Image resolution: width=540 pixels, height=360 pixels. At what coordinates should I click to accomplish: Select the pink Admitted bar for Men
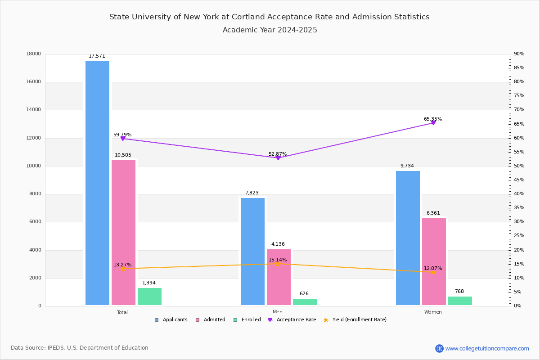(279, 277)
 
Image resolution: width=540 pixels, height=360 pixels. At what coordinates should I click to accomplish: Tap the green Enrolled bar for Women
(460, 301)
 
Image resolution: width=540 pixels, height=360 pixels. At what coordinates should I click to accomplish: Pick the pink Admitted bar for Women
(434, 261)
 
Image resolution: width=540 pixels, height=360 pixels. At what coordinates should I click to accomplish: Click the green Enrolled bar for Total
(149, 297)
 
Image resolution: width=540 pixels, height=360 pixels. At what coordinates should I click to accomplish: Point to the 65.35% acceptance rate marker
(433, 122)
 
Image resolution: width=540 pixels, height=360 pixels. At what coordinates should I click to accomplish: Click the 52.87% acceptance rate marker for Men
(278, 157)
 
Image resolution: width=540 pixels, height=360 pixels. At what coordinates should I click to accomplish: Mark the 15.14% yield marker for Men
(278, 264)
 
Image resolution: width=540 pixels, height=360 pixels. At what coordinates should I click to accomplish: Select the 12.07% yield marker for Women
(433, 272)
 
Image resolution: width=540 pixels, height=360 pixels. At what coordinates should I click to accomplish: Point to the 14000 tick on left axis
(35, 110)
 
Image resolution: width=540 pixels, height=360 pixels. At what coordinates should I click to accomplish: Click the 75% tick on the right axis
(519, 96)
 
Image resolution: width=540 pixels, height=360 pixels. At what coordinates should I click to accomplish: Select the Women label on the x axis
(433, 312)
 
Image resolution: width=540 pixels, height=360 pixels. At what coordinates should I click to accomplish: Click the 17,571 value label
(97, 56)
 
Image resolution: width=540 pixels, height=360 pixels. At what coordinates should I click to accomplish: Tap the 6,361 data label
(433, 213)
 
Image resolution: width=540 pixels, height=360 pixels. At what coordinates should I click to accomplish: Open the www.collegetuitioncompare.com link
(487, 348)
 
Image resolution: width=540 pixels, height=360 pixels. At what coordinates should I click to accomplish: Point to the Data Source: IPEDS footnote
(80, 348)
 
